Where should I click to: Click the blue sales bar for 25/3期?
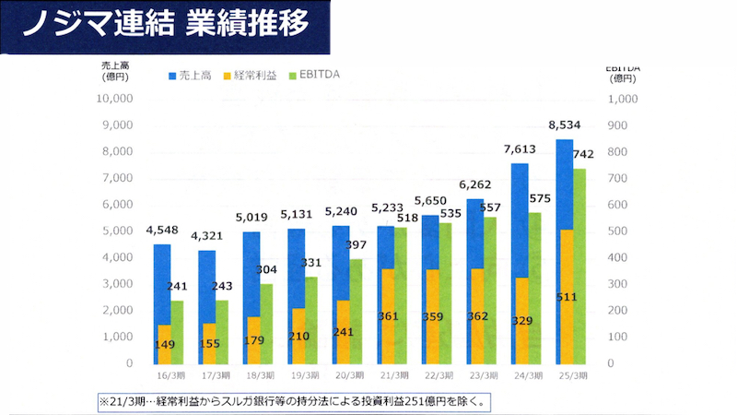[564, 184]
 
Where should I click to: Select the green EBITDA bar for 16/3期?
[176, 332]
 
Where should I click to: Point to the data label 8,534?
[564, 125]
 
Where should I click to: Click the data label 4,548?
[162, 230]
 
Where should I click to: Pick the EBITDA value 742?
[582, 154]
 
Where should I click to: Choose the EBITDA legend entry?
[314, 74]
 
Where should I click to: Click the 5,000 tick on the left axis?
[119, 231]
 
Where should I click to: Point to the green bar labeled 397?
[355, 314]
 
